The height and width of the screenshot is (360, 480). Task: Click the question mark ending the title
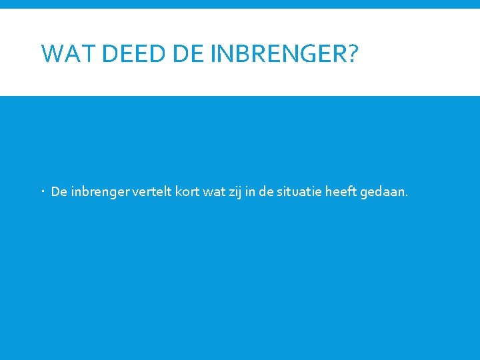click(351, 53)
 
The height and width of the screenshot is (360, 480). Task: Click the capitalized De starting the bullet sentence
click(59, 193)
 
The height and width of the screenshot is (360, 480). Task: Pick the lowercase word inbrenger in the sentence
click(99, 193)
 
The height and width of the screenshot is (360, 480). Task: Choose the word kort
click(189, 193)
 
